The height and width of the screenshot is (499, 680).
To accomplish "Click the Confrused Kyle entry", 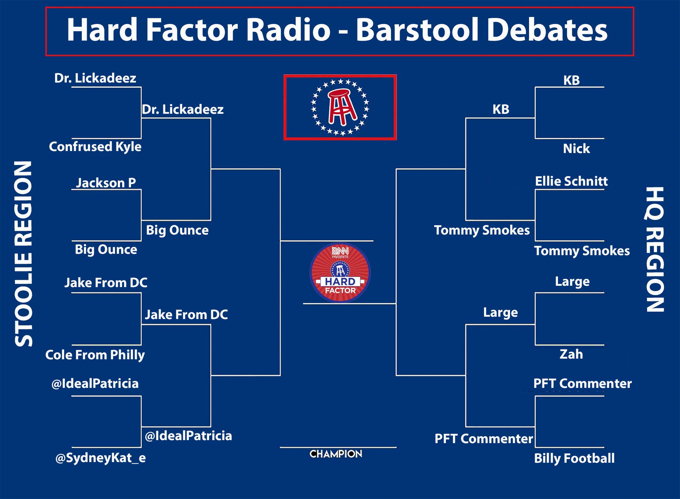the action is coord(95,147).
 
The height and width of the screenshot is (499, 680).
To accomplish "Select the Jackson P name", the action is coord(106,183).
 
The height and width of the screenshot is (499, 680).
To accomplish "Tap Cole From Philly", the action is coord(95,355).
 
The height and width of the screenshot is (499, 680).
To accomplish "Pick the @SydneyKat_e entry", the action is coord(100,458).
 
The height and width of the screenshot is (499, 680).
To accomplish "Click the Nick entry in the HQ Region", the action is coord(576,149).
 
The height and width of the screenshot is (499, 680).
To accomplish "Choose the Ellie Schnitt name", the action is coord(571,181).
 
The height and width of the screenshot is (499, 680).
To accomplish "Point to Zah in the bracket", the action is coord(571,354).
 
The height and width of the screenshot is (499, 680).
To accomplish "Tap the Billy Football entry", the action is coord(574,458).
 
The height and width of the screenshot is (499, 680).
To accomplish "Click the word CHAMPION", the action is coord(336,454).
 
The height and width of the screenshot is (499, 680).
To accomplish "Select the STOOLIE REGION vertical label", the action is coord(24,254).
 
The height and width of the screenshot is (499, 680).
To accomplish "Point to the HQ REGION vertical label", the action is coord(655,249).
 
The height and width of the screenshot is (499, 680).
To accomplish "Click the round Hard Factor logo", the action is coord(340,273).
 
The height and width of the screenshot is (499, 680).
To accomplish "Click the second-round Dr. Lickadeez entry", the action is coord(183,109).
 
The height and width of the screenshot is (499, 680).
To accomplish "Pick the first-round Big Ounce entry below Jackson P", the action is coord(106,249).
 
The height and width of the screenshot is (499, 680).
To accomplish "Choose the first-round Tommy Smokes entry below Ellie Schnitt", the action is coord(582,251).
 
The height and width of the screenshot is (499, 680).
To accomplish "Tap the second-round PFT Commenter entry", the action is coord(484,439).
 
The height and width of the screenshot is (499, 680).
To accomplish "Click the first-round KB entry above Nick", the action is coord(571,81).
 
